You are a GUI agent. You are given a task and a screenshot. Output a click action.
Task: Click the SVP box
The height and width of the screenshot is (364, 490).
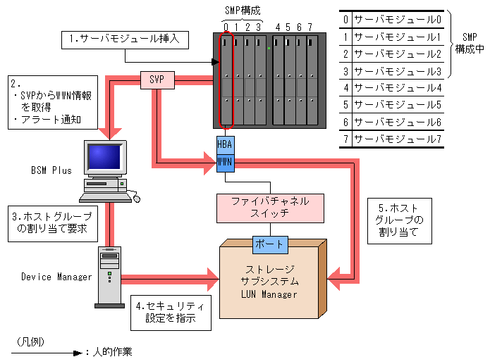coord(157,80)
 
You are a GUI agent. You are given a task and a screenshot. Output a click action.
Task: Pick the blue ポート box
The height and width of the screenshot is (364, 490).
coord(270,244)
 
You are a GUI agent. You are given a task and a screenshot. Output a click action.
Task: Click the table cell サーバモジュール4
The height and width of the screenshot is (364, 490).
coord(398,88)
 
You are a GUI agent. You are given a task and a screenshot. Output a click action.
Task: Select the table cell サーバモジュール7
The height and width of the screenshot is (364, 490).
coord(398,139)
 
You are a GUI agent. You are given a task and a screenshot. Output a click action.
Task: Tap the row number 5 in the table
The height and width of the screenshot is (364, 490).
coord(344,105)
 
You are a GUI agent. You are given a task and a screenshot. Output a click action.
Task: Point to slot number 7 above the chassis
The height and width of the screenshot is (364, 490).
coord(310,27)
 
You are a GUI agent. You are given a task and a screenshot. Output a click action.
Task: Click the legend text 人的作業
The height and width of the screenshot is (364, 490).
coord(112,351)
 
